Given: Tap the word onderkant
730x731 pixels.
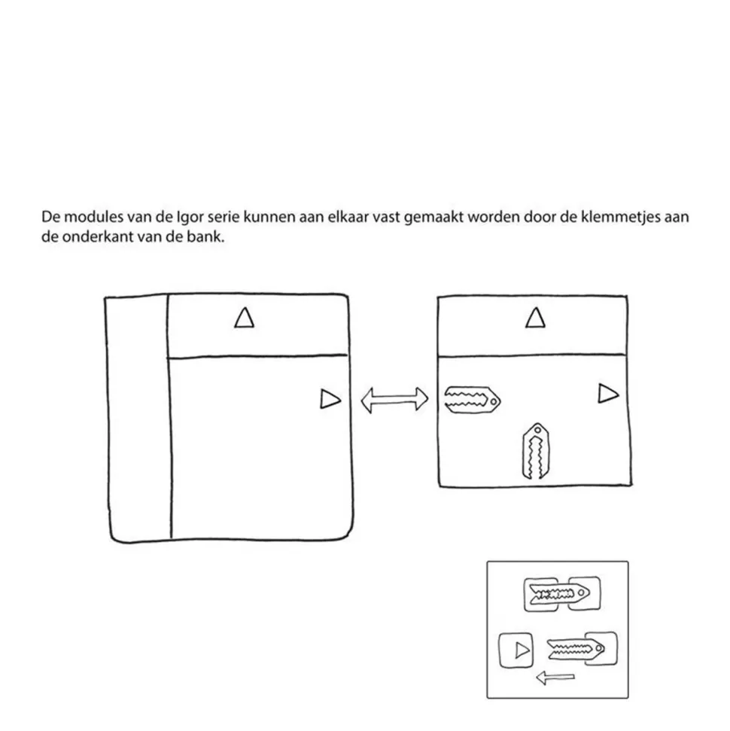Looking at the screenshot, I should [94, 236].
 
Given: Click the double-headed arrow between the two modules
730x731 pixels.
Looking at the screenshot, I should [394, 400].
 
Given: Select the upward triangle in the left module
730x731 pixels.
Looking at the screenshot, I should [243, 318].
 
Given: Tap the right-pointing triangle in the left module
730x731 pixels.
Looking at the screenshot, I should [330, 399].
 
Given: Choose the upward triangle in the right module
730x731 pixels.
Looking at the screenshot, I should [534, 318].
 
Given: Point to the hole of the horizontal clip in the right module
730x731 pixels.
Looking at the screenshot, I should [492, 403].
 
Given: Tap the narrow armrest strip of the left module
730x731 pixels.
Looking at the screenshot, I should [138, 418].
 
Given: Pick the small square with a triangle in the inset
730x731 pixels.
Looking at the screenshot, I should [516, 649].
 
